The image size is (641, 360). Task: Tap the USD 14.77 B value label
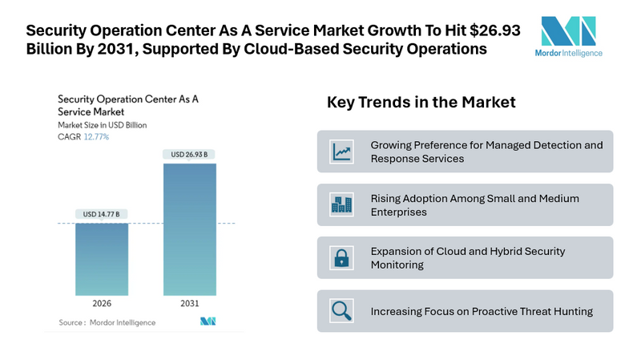point(102,214)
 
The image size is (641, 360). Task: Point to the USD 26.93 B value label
point(189,154)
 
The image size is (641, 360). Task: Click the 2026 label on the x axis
point(102,305)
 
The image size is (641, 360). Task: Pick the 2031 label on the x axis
point(189,305)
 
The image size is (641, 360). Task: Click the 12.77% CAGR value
point(96,137)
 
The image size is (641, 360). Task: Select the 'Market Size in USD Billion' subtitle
point(103,125)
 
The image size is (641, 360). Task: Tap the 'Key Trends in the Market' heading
point(421,103)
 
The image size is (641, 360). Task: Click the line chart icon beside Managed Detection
point(342,152)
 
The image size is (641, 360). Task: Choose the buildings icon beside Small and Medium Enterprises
point(342,204)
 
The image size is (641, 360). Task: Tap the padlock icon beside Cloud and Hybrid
point(342,257)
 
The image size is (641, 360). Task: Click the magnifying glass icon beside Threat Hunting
point(342,310)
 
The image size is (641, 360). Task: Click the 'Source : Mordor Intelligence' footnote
point(107,322)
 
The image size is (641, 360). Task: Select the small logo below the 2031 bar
point(208,322)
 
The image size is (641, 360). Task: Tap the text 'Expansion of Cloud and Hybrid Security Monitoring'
point(467,257)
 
